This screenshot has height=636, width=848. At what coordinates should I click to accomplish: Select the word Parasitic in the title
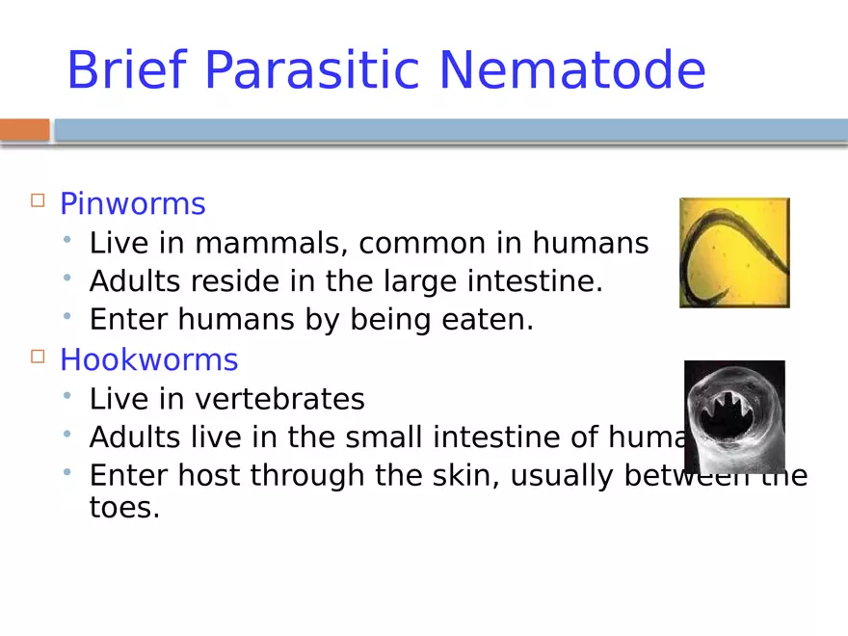[313, 70]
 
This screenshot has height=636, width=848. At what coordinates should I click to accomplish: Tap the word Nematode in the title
[571, 70]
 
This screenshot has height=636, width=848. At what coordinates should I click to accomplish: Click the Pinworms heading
[133, 204]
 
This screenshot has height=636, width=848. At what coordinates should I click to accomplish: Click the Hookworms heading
[148, 359]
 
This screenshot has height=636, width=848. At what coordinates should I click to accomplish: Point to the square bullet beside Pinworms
[38, 201]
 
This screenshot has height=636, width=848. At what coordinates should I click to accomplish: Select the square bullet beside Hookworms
[38, 357]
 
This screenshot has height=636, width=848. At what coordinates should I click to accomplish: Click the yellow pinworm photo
[734, 252]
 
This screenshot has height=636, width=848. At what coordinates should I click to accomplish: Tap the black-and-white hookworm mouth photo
[734, 416]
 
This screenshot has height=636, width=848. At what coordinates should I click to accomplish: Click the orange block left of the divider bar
[24, 130]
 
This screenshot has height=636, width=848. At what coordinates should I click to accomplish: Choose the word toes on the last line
[123, 508]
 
